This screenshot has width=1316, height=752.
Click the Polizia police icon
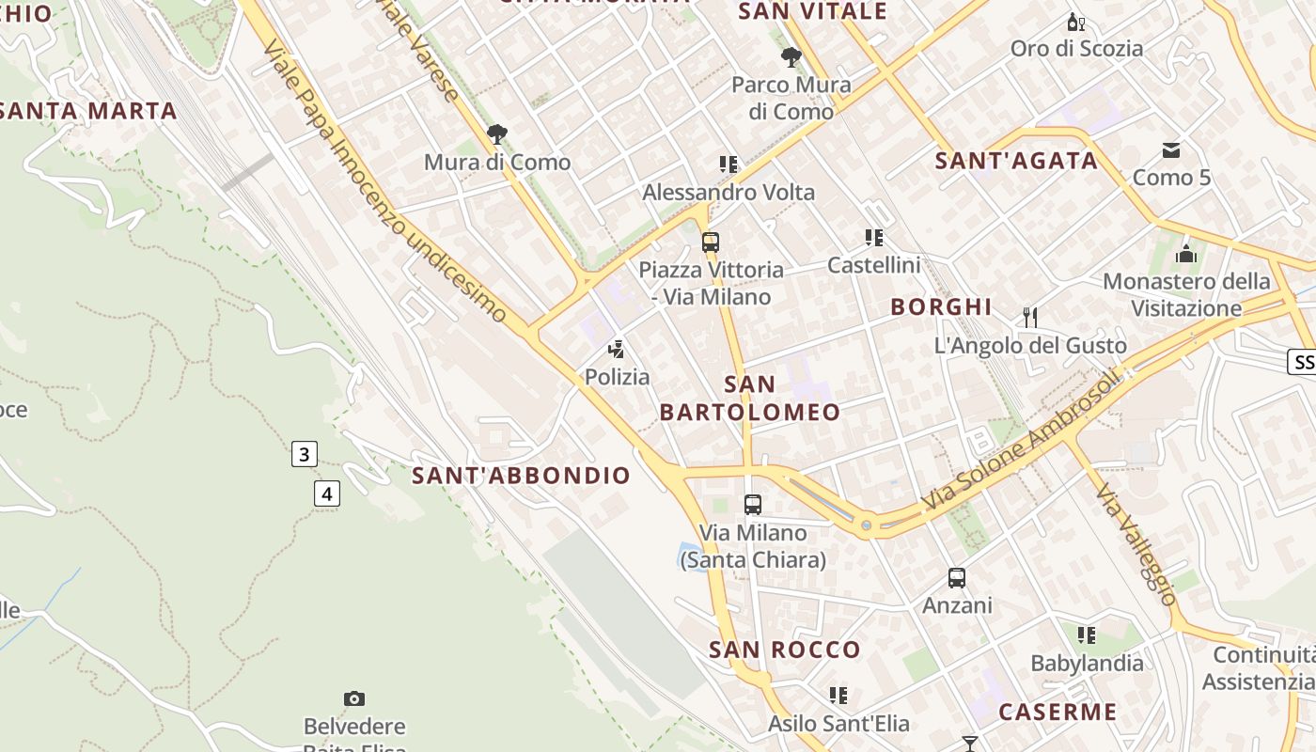pyautogui.click(x=617, y=350)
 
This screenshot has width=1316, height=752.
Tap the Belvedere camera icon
pyautogui.click(x=354, y=698)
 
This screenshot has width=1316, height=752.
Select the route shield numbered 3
pyautogui.click(x=303, y=455)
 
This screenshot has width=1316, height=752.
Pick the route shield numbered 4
pyautogui.click(x=326, y=493)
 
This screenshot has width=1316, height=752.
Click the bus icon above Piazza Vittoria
pyautogui.click(x=711, y=243)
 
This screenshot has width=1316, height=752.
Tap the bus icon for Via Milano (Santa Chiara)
pyautogui.click(x=753, y=505)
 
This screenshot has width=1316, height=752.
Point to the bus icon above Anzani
pyautogui.click(x=957, y=578)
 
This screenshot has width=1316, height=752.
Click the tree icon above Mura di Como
pyautogui.click(x=497, y=134)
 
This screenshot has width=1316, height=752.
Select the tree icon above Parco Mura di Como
pyautogui.click(x=791, y=56)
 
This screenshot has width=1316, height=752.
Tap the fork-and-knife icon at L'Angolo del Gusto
pyautogui.click(x=1030, y=318)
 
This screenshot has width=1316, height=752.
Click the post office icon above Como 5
pyautogui.click(x=1171, y=149)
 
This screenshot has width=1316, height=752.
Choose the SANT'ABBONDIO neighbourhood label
pyautogui.click(x=521, y=476)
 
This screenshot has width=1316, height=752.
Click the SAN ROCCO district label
pyautogui.click(x=785, y=650)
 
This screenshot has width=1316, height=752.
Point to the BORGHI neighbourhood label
pyautogui.click(x=941, y=306)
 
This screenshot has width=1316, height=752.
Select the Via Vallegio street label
pyautogui.click(x=1136, y=545)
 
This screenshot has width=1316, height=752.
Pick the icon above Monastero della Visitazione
pyautogui.click(x=1186, y=254)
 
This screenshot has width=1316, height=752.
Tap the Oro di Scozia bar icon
pyautogui.click(x=1075, y=22)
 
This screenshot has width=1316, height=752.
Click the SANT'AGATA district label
pyautogui.click(x=1016, y=161)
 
